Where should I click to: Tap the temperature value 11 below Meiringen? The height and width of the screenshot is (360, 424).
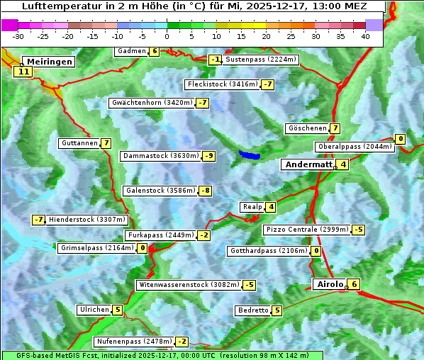click(x=23, y=72)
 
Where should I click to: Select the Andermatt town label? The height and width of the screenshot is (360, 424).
click(x=308, y=164)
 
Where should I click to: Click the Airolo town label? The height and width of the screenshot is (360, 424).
click(x=330, y=284)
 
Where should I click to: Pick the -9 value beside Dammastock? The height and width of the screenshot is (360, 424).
click(x=208, y=156)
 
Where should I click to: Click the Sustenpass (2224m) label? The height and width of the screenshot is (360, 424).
click(x=261, y=60)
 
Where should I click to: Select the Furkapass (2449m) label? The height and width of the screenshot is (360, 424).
click(x=160, y=235)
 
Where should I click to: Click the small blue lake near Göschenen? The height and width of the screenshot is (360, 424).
click(x=250, y=154)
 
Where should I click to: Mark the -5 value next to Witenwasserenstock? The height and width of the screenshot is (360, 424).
click(x=249, y=285)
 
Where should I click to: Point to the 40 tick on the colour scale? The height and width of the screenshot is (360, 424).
click(x=365, y=36)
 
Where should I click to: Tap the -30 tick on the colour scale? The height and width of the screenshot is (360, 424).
click(x=19, y=36)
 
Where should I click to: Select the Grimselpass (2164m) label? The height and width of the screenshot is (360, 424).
click(x=97, y=248)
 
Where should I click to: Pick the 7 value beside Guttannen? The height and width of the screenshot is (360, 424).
click(x=106, y=143)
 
